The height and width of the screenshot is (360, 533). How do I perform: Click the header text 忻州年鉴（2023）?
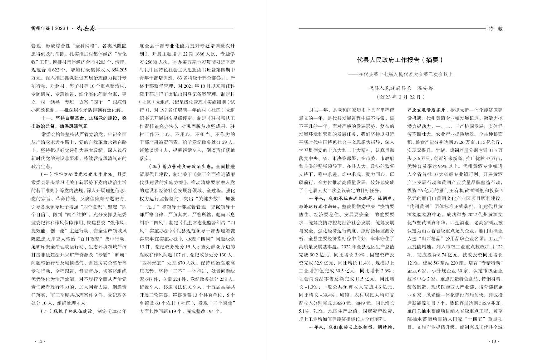point(50,28)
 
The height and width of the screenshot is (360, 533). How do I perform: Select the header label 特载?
point(496,29)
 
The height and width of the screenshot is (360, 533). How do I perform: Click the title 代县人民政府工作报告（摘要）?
point(401,60)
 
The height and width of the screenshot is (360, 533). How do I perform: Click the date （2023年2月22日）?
point(401,97)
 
